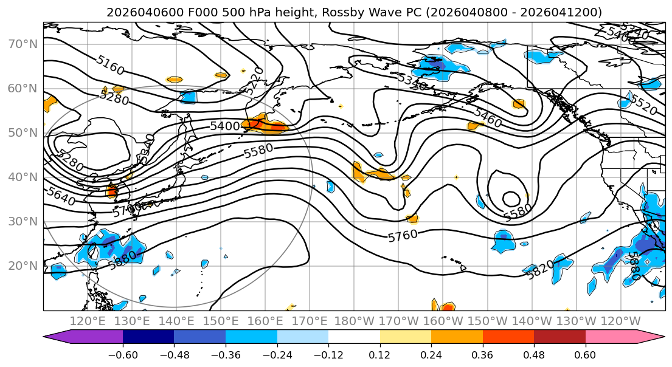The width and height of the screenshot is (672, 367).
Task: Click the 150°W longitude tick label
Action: [x=488, y=321]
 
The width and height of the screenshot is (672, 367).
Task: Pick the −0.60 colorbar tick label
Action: [x=123, y=354]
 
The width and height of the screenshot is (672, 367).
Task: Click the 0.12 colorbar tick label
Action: [x=379, y=354]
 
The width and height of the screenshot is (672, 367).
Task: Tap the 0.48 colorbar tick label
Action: [x=534, y=354]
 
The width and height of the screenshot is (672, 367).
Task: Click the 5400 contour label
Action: [x=225, y=126]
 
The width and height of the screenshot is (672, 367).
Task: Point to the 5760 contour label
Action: [x=403, y=236]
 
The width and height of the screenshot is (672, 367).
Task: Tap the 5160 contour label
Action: [x=110, y=65]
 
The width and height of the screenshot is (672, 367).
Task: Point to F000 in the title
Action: [x=183, y=12]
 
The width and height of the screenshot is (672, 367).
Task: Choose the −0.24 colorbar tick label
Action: [x=277, y=354]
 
